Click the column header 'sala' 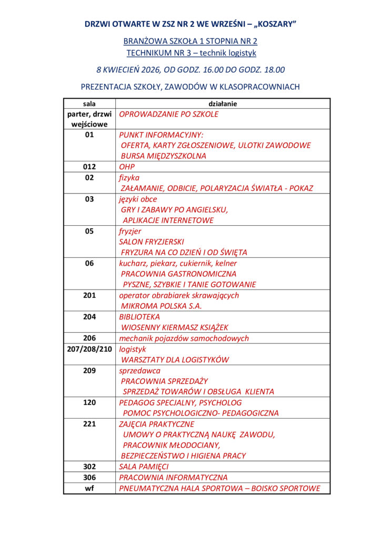(89, 104)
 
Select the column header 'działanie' (223, 104)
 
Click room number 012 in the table (89, 167)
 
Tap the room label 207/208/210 (89, 349)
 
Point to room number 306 (89, 477)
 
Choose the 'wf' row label (89, 488)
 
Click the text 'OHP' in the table (127, 167)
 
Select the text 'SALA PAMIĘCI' (144, 467)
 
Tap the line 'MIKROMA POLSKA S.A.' (162, 306)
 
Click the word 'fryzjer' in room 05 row (130, 231)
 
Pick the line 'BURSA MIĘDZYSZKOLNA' (164, 156)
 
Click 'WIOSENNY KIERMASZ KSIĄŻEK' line (175, 327)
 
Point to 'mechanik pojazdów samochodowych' (184, 338)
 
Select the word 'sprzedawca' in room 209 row (139, 370)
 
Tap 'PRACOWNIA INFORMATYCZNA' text (173, 477)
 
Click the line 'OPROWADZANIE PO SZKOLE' (168, 114)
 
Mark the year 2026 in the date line (150, 70)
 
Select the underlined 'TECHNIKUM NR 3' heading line (190, 53)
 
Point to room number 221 (89, 424)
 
